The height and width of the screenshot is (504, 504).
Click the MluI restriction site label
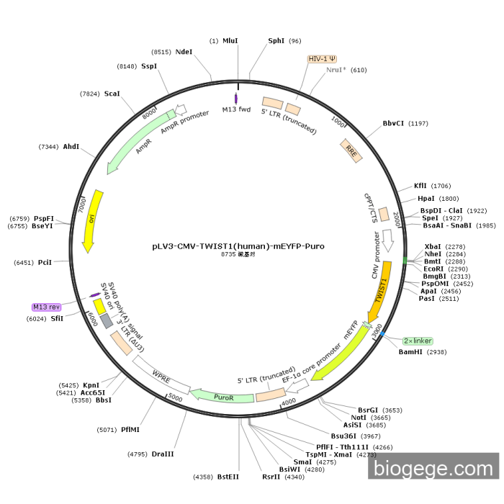(x=230, y=41)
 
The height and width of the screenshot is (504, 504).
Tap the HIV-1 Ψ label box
(x=322, y=58)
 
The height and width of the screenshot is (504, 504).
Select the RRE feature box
(x=351, y=150)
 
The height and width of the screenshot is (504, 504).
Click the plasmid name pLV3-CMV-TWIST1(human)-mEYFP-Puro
(x=238, y=246)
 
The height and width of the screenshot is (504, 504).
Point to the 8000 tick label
(x=149, y=114)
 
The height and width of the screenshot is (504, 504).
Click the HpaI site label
(x=427, y=199)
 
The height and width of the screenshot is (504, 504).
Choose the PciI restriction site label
(x=45, y=262)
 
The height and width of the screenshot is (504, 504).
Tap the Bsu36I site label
(x=343, y=436)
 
